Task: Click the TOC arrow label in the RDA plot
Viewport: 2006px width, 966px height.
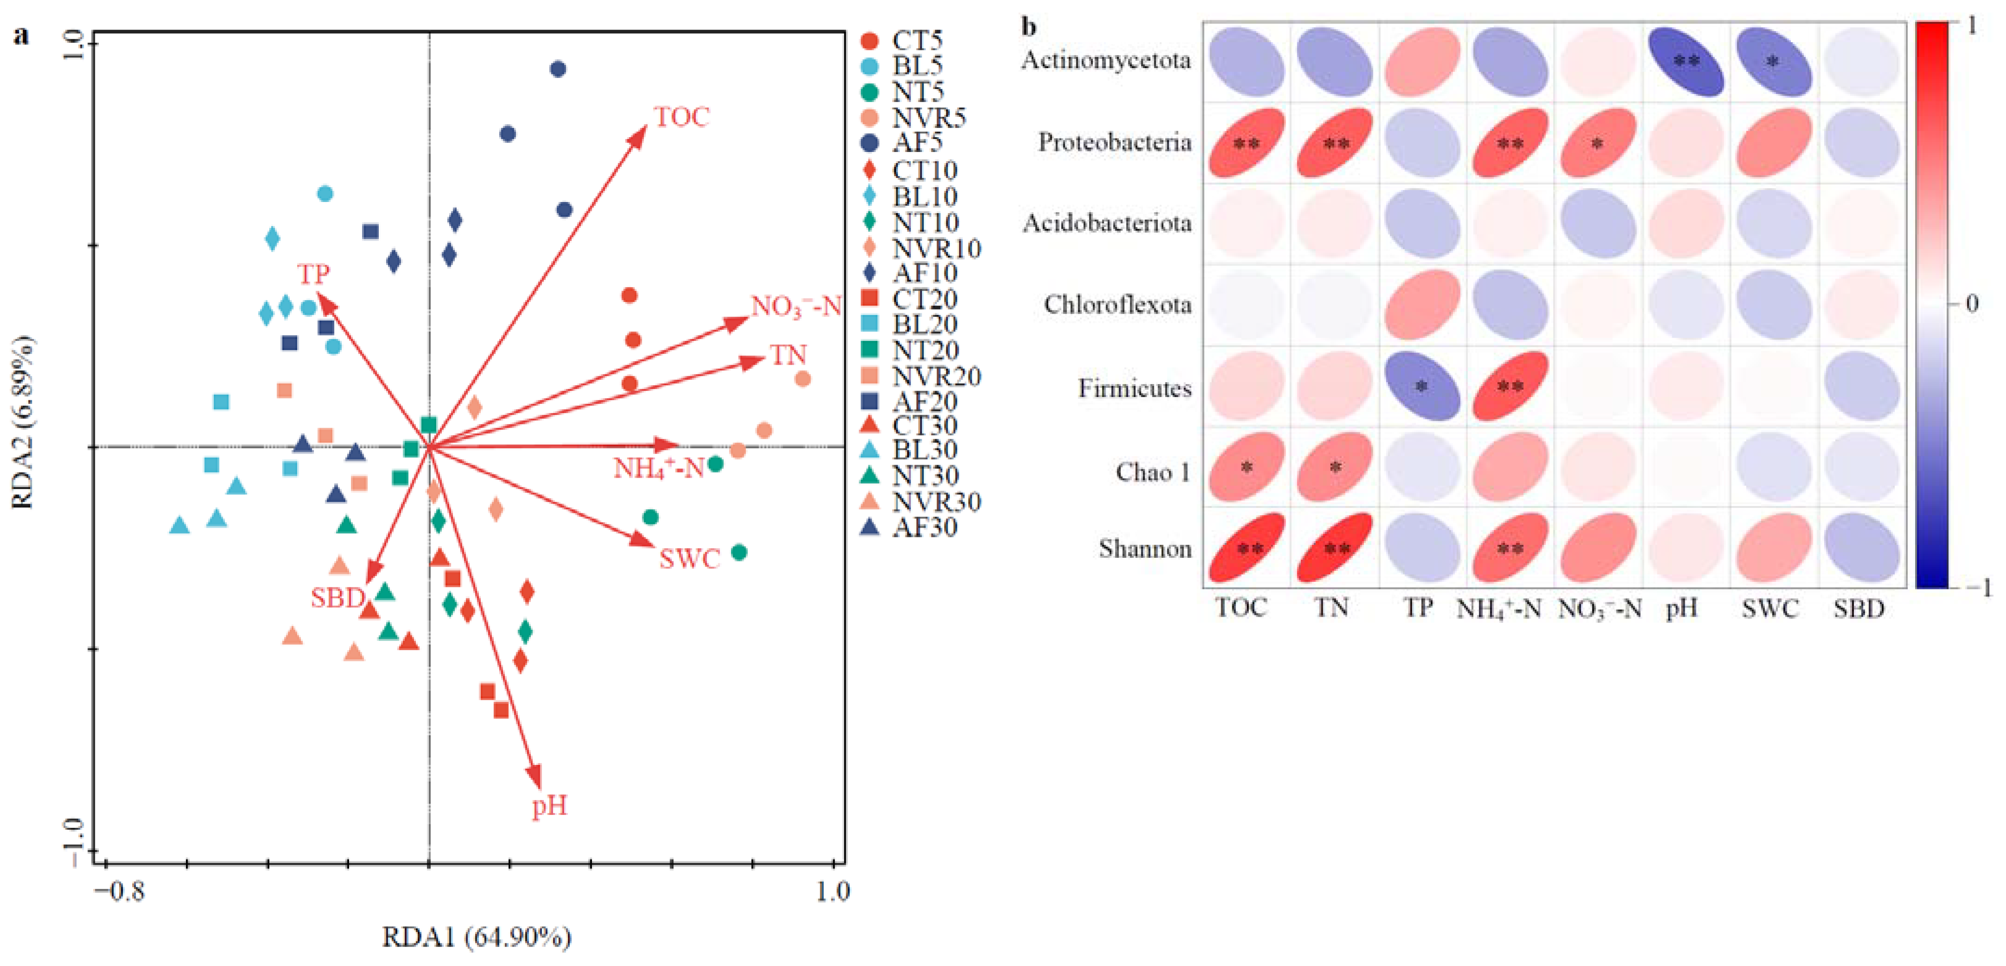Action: [681, 118]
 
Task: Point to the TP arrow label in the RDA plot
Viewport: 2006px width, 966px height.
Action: [313, 274]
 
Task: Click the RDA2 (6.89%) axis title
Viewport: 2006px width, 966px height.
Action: [23, 423]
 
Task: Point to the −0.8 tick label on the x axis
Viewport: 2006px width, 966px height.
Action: [120, 891]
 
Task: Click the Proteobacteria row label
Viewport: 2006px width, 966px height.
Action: [1114, 142]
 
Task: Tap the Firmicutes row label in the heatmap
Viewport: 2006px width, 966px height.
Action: [1134, 388]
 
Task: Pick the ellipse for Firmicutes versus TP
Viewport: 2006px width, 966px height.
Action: [1422, 386]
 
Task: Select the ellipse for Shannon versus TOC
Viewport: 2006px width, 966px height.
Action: [1247, 548]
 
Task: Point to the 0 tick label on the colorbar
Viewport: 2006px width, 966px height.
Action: [1971, 303]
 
